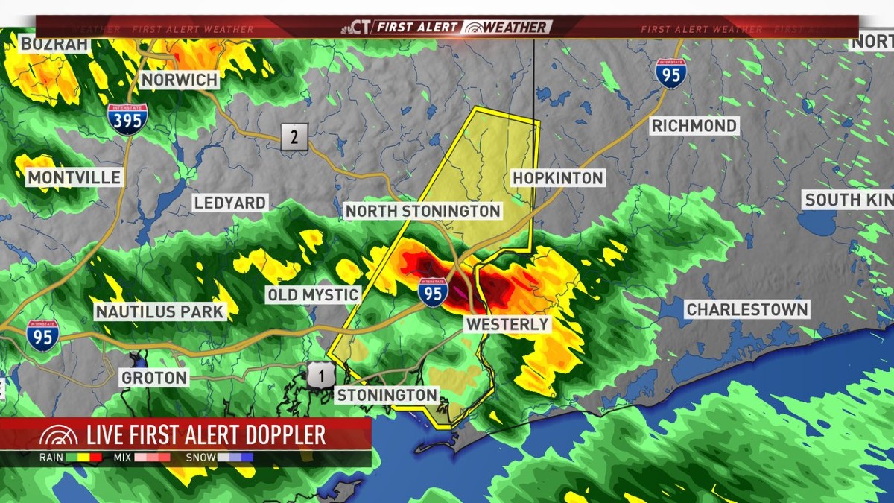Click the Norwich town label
pyautogui.click(x=180, y=80)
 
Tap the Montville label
pyautogui.click(x=74, y=177)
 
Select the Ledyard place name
pyautogui.click(x=229, y=203)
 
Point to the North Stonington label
pyautogui.click(x=422, y=212)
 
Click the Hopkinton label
pyautogui.click(x=557, y=177)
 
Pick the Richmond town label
pyautogui.click(x=694, y=125)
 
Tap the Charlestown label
pyautogui.click(x=747, y=309)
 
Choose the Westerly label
pyautogui.click(x=507, y=325)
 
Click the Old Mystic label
pyautogui.click(x=313, y=295)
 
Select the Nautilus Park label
pyautogui.click(x=159, y=311)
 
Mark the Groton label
pyautogui.click(x=154, y=378)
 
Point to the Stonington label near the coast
pyautogui.click(x=386, y=395)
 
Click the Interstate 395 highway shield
pyautogui.click(x=127, y=118)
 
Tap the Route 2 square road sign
pyautogui.click(x=294, y=137)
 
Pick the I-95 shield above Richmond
pyautogui.click(x=670, y=74)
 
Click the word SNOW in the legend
pyautogui.click(x=200, y=458)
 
